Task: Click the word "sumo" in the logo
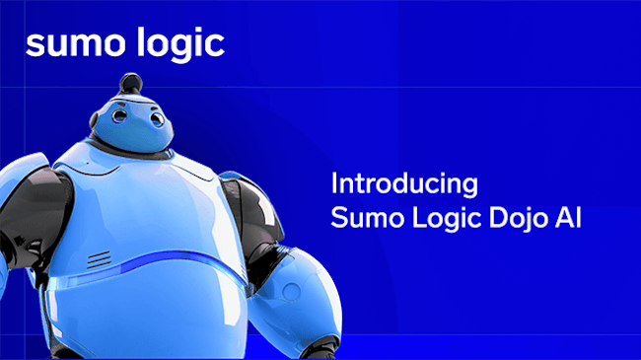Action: click(x=69, y=43)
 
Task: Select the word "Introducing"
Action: click(x=404, y=183)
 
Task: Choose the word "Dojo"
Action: click(x=518, y=218)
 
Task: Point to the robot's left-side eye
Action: click(x=117, y=116)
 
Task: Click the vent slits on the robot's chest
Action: click(x=98, y=260)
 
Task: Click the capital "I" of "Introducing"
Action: click(x=334, y=183)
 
